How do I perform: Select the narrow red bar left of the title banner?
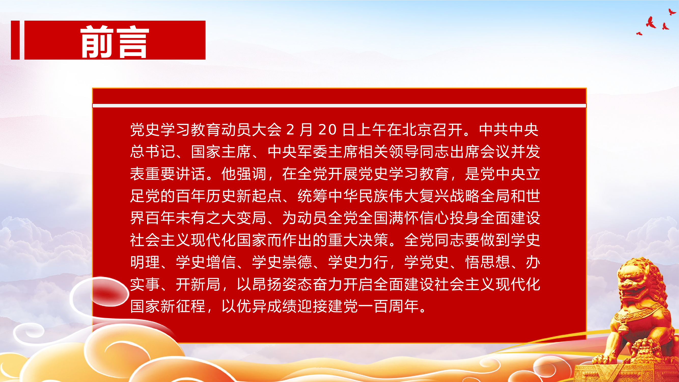(15, 40)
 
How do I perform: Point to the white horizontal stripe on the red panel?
(339, 106)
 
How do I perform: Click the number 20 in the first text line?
(327, 130)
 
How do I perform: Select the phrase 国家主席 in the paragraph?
(221, 152)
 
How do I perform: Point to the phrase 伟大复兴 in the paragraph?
(419, 196)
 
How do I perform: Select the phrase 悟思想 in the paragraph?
(488, 262)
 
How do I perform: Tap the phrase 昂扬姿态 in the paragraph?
(282, 284)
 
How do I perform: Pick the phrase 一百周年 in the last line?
(389, 306)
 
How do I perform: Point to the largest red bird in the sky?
(650, 22)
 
